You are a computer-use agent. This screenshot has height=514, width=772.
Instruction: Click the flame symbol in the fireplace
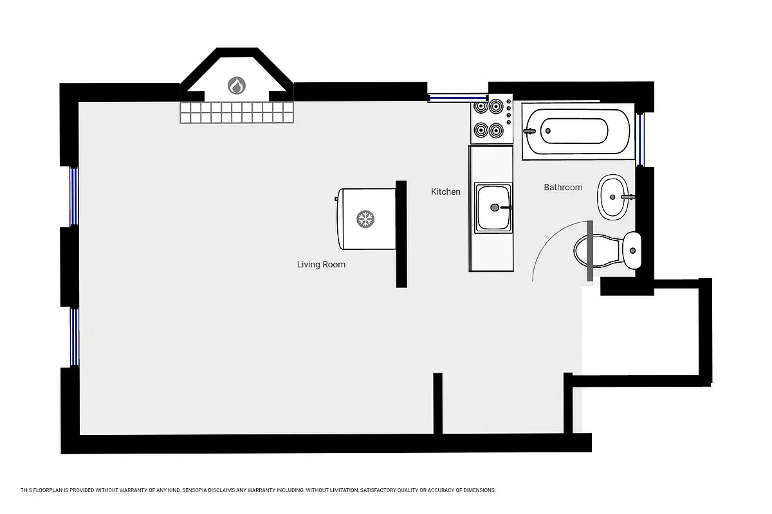click(x=236, y=85)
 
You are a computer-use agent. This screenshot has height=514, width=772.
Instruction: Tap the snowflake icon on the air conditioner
click(x=365, y=219)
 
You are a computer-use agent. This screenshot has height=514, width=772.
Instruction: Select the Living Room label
click(x=321, y=264)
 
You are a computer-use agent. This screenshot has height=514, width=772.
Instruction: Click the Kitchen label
click(x=446, y=191)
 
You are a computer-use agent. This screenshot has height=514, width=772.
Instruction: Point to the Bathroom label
click(x=563, y=187)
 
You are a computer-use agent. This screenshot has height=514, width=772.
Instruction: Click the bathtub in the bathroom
click(x=575, y=131)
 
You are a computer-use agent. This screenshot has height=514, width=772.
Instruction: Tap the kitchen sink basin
click(x=493, y=208)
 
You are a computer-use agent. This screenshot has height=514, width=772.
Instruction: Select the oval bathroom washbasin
click(x=612, y=197)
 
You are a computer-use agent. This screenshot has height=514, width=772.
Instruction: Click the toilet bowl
click(x=593, y=251)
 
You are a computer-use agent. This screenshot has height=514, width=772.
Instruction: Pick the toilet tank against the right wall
click(x=632, y=251)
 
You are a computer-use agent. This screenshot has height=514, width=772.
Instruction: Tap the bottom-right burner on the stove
click(x=495, y=131)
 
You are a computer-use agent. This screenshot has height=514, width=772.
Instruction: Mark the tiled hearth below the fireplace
click(x=236, y=112)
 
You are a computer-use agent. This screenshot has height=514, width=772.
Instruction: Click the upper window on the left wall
click(x=74, y=196)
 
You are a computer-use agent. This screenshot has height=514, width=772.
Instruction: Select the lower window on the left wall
click(x=74, y=337)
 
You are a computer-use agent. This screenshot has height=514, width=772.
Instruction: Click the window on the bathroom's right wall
click(x=640, y=139)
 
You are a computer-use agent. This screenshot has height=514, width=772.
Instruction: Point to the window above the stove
click(x=449, y=98)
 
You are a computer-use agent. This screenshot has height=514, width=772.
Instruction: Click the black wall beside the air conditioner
click(x=401, y=234)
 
